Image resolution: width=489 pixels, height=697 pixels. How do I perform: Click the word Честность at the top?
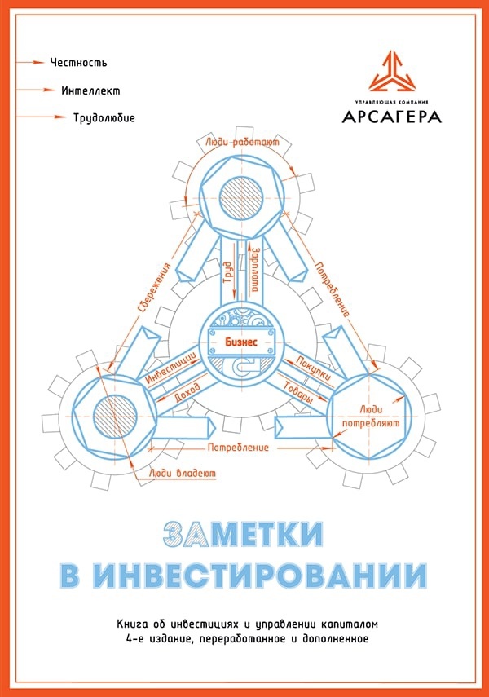(78, 62)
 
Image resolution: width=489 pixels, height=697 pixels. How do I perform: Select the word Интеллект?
(90, 90)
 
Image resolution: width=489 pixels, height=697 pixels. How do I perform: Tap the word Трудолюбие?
(104, 118)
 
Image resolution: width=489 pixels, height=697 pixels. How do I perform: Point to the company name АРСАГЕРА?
(392, 117)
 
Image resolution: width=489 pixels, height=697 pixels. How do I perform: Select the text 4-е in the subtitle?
(127, 638)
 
